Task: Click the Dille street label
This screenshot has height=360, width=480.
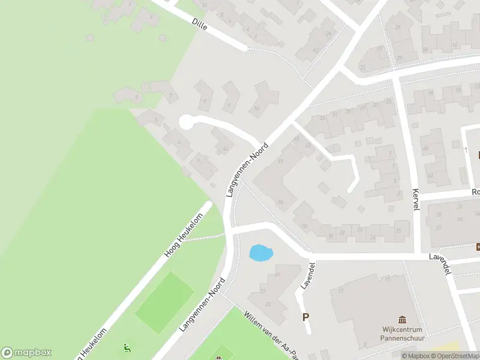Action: pyautogui.click(x=200, y=25)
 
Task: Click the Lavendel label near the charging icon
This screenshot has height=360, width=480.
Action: pyautogui.click(x=440, y=263)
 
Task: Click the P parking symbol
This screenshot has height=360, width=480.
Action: pyautogui.click(x=305, y=317)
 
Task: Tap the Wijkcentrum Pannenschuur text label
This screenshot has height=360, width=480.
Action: pyautogui.click(x=403, y=334)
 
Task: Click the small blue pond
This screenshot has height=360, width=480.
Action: pyautogui.click(x=260, y=253)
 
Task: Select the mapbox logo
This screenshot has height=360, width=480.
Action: pyautogui.click(x=26, y=353)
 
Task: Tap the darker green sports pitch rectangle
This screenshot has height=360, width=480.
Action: pyautogui.click(x=164, y=302)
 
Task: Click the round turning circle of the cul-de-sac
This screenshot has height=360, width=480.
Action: pyautogui.click(x=186, y=122)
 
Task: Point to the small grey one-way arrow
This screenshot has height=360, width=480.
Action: pyautogui.click(x=466, y=149)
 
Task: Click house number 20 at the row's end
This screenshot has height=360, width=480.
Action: pyautogui.click(x=398, y=231)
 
